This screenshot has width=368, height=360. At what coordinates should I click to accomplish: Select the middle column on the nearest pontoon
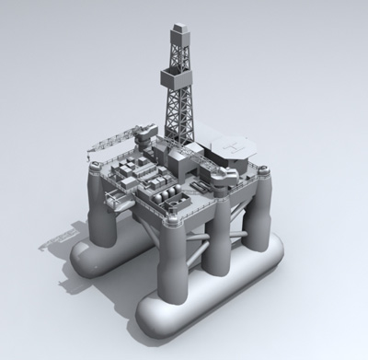coord(217,244)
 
